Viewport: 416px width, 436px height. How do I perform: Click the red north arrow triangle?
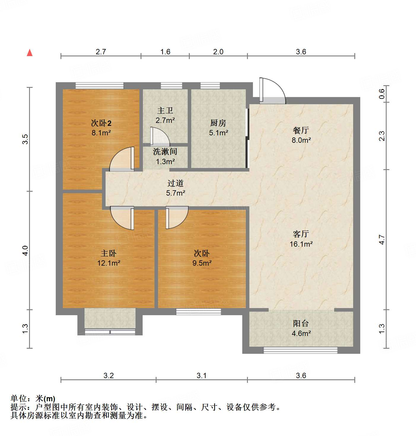coord(30,53)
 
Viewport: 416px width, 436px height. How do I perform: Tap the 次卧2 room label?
coord(101,128)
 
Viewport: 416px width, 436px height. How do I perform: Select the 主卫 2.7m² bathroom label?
coord(165,115)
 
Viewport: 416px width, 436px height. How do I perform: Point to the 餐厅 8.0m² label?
coord(301,135)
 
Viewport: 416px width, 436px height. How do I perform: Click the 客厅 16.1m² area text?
coord(301,239)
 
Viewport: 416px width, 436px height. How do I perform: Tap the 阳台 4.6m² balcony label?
coord(301,328)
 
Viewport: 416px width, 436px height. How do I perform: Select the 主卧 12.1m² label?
coord(109,258)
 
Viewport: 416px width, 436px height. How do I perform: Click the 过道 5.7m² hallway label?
coord(176,188)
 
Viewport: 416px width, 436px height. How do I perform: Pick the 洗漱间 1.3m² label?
coord(165,156)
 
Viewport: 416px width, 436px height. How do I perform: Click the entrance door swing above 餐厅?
coord(272,91)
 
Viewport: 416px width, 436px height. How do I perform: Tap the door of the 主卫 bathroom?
coord(160,137)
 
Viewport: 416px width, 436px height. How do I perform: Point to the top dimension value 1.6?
coord(165,52)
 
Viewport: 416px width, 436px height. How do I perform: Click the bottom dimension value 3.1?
coord(201,375)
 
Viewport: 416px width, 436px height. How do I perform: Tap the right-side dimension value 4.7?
coord(382,240)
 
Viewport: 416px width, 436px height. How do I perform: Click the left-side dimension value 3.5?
coord(25,139)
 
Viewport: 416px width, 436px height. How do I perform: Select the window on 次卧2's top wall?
coord(99,85)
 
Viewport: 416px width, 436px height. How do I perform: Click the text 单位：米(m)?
coord(33,398)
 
